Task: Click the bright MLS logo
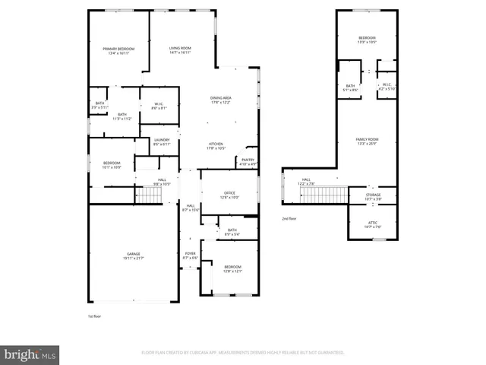click(x=30, y=354)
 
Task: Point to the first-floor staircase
click(x=150, y=195)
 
